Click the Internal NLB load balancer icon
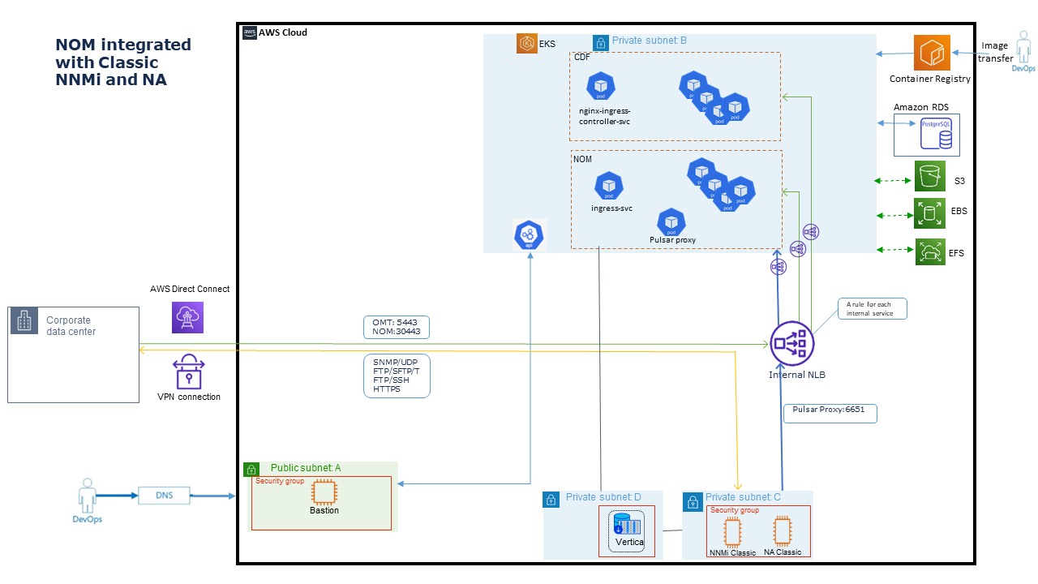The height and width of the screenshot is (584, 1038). point(791,343)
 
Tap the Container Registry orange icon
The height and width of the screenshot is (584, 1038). point(931,53)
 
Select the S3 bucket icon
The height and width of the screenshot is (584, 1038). point(929,176)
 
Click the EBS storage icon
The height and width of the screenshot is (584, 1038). point(929,213)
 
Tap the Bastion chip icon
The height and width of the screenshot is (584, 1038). point(324,492)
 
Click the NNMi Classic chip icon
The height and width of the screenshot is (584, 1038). point(732,532)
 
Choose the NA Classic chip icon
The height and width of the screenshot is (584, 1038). point(782,530)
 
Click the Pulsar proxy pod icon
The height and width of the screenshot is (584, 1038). point(671,221)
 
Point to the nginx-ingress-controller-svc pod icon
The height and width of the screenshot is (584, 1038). point(601,86)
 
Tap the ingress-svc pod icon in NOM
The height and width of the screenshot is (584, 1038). point(609,186)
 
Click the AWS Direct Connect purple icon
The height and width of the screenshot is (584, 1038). point(188,316)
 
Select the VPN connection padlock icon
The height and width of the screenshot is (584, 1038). point(188,371)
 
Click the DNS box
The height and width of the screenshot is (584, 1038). point(165,495)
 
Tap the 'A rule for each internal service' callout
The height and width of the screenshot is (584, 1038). point(872,308)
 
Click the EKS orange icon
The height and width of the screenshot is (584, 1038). point(527,44)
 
